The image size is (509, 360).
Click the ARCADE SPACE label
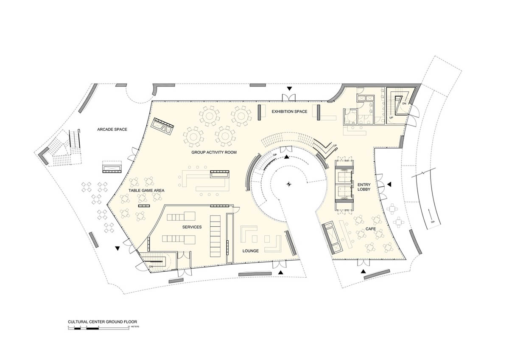[x=112, y=129]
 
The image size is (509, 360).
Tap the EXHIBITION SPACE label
[x=289, y=111]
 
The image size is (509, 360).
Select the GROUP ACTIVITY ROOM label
[x=214, y=152]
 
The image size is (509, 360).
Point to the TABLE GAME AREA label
[x=147, y=191]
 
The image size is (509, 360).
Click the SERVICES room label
[x=192, y=227]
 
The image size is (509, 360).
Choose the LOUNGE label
[x=251, y=251]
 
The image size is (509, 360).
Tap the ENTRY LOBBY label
[x=364, y=186]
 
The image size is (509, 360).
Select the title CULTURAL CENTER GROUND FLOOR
[x=102, y=322]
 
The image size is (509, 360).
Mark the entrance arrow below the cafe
[x=364, y=270]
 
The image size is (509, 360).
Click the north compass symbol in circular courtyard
[x=289, y=184]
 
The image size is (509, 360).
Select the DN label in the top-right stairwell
[x=404, y=103]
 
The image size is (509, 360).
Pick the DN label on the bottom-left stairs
[x=151, y=266]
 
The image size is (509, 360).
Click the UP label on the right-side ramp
[x=432, y=222]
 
